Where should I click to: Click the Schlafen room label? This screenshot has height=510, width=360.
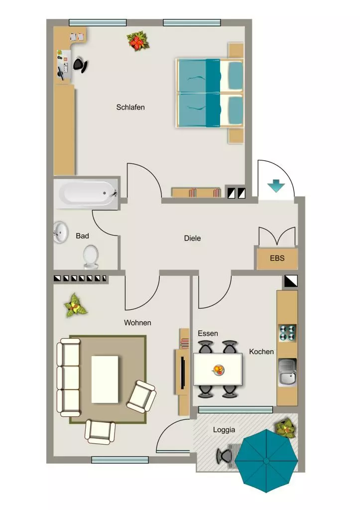[130, 107]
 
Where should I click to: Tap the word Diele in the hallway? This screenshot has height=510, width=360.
[192, 238]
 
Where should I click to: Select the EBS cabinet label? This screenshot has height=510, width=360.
[277, 258]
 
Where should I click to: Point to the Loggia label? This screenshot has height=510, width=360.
[224, 430]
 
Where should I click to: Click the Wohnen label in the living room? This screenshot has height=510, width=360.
[137, 323]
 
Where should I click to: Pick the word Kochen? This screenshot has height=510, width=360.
[261, 352]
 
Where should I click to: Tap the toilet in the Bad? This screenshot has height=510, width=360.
[91, 257]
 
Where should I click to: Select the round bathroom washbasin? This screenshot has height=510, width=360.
[60, 232]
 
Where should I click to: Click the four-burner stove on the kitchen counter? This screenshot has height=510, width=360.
[288, 333]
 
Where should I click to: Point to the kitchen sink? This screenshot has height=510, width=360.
[287, 373]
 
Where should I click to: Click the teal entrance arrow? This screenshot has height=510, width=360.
[276, 186]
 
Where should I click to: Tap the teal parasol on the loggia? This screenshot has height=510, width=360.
[266, 461]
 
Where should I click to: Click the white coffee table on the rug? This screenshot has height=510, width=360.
[105, 379]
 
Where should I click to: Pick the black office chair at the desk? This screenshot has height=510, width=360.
[80, 65]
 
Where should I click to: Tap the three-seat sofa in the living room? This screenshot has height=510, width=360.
[69, 378]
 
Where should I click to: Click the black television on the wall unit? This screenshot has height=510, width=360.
[183, 373]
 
